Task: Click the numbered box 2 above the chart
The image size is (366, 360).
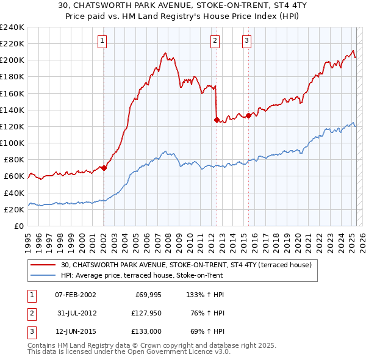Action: point(215,41)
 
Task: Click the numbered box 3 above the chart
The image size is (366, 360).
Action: point(246,41)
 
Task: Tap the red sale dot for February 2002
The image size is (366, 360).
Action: point(104,168)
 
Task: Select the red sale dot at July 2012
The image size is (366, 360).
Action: point(217,120)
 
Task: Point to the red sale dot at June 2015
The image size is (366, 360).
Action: point(249,115)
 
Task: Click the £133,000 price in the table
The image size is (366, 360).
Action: point(146,331)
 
